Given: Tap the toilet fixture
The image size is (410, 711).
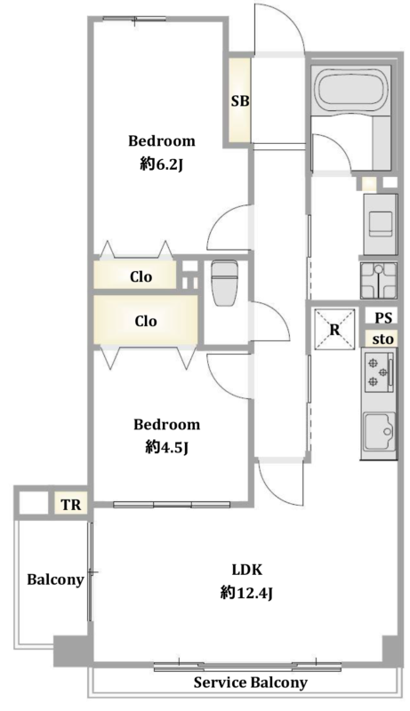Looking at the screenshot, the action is (222, 283).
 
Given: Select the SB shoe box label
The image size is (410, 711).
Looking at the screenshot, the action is (240, 101).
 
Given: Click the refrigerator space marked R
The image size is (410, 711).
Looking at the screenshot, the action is (334, 329).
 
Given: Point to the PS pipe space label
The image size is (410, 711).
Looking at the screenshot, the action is (383, 318).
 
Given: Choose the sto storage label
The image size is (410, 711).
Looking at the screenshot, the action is (382, 339).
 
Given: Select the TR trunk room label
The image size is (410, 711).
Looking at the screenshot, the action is (71, 505).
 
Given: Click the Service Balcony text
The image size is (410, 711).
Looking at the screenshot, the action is (250, 682).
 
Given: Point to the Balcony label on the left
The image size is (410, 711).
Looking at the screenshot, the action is (55, 580).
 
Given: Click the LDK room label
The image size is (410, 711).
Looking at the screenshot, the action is (247, 570).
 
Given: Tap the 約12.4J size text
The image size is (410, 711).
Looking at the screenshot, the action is (246, 593).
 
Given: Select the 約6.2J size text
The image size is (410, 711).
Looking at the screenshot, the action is (162, 165).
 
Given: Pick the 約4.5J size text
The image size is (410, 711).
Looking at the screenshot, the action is (167, 448).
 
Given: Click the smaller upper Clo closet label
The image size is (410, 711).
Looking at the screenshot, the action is (141, 276).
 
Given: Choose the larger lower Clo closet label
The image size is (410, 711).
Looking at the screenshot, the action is (146, 321).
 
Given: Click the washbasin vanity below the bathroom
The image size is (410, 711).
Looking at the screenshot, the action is (381, 224).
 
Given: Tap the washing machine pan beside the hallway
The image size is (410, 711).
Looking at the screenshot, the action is (379, 281).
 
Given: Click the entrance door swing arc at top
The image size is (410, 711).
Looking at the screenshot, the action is (289, 20).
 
